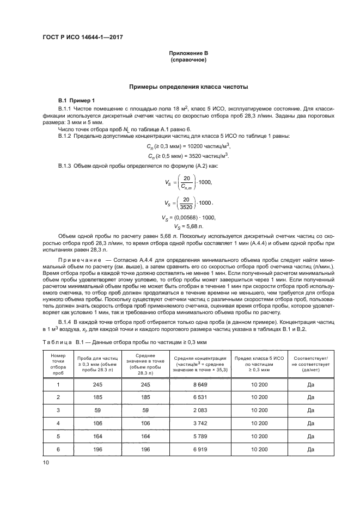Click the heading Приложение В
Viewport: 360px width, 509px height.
[188, 53]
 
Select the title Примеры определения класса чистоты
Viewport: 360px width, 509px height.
[188, 87]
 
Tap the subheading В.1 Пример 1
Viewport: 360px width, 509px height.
[76, 101]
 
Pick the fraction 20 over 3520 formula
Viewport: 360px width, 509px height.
[187, 203]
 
